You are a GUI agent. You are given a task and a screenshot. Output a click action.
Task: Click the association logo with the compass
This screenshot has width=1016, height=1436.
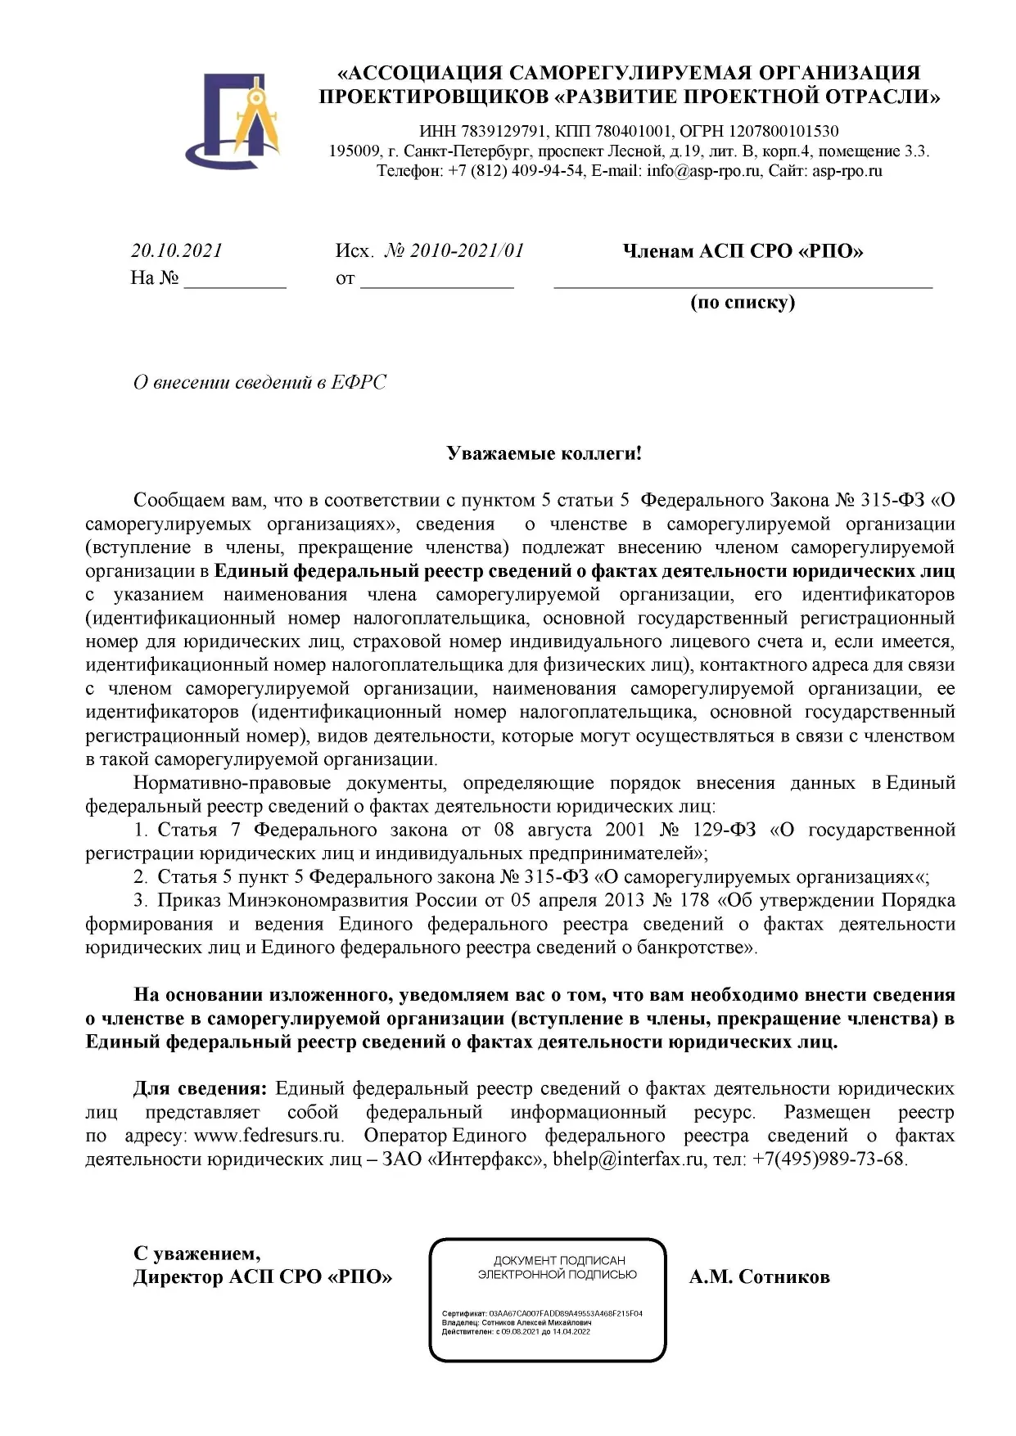coord(233,119)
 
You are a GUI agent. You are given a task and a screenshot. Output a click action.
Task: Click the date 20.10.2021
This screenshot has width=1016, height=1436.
coord(177,250)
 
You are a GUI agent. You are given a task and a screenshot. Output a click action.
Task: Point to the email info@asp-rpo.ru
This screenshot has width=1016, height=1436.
coord(703,171)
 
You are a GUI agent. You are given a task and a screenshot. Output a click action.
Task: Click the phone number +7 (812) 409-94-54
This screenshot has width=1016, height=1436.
coord(516,171)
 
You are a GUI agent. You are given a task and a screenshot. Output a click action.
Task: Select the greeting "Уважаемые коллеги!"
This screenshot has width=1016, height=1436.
coord(544,453)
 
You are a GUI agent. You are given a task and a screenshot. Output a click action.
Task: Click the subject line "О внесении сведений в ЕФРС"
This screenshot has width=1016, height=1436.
coord(260,382)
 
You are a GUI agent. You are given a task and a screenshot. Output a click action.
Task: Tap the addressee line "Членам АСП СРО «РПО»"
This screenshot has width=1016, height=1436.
coord(743,251)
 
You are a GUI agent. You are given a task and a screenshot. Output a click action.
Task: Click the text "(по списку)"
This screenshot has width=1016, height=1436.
coord(743,302)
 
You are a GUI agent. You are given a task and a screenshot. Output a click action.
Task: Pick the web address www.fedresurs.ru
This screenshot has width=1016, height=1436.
coord(268,1136)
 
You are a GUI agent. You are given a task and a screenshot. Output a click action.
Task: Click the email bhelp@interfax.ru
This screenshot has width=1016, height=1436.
coord(628,1159)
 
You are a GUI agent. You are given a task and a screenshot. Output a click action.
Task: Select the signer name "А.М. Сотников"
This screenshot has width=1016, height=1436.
coord(759,1277)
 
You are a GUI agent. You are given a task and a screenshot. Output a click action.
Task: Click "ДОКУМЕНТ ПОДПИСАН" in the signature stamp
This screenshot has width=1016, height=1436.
coord(558,1261)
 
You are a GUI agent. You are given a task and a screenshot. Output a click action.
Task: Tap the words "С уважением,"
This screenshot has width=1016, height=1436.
coord(197,1254)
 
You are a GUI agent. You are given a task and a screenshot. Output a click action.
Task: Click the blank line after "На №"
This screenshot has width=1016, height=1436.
coord(235,279)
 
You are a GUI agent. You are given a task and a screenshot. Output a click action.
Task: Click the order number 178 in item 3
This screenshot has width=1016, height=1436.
coord(694,900)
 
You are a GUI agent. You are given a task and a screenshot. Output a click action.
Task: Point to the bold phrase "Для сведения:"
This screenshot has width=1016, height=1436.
coord(200,1088)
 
